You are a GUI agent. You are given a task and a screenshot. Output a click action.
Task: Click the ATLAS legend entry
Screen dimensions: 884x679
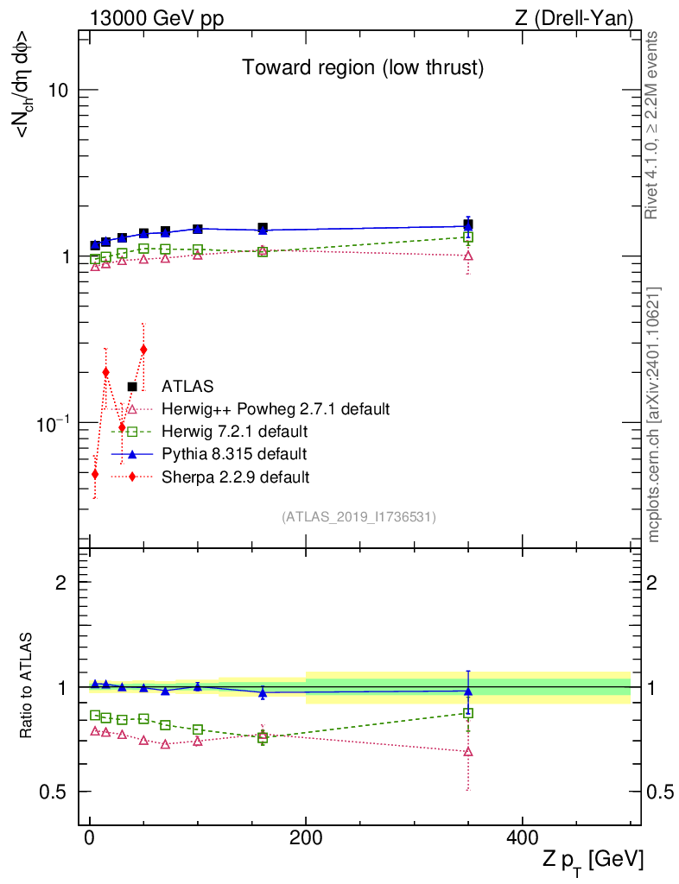click(187, 386)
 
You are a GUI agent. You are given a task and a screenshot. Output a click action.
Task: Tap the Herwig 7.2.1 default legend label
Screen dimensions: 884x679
click(234, 431)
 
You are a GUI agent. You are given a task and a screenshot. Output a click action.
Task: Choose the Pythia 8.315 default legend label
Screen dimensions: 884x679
click(233, 453)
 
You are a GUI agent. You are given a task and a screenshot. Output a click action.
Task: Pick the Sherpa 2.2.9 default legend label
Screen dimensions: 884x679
click(235, 476)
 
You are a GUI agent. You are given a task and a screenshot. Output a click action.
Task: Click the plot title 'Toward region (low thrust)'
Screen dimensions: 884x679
click(362, 67)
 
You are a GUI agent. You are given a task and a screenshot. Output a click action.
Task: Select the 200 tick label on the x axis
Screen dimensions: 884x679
click(306, 837)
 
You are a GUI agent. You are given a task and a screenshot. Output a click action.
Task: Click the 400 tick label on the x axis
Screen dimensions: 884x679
click(522, 837)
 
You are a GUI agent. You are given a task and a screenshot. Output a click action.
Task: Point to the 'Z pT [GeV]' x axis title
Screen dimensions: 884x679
click(593, 860)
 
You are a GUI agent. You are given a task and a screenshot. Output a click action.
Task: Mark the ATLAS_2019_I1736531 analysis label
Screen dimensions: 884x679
click(359, 517)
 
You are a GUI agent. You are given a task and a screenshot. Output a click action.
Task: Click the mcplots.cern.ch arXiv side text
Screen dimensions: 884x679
click(654, 414)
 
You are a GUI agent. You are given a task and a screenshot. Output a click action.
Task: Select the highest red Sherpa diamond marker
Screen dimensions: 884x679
click(143, 350)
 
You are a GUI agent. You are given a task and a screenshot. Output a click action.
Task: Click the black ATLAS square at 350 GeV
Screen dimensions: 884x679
click(468, 224)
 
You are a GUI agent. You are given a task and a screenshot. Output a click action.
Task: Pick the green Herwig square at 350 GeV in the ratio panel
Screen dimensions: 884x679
click(468, 713)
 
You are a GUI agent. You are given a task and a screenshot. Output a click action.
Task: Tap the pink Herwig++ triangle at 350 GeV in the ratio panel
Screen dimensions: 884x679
click(468, 751)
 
